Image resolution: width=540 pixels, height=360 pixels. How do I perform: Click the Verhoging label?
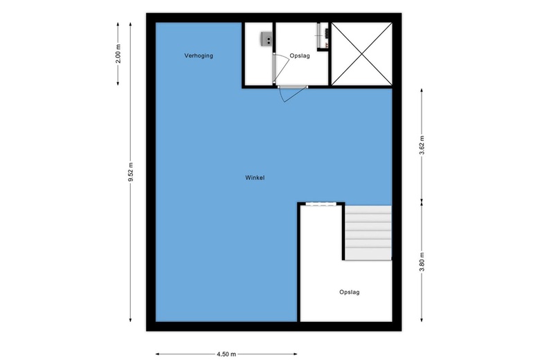(199, 56)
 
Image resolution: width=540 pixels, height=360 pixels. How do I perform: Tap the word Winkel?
(255, 178)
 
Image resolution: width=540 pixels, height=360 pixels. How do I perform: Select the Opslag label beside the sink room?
(300, 56)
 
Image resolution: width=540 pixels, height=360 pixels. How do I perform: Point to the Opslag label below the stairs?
(349, 292)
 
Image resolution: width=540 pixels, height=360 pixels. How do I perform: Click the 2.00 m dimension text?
(118, 54)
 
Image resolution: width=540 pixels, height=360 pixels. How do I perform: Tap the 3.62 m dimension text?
(422, 145)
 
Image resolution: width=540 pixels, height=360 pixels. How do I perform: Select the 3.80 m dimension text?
(422, 262)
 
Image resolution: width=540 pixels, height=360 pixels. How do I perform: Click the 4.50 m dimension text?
(226, 354)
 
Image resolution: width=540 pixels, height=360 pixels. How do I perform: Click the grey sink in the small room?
(267, 38)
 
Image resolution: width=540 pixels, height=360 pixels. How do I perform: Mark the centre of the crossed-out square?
(361, 54)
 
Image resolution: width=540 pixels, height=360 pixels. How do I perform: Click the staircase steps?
(368, 233)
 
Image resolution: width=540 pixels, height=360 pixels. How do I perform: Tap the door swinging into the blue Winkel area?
(292, 93)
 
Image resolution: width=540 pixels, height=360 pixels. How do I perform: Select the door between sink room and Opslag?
(280, 69)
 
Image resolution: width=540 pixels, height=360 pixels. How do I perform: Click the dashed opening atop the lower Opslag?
(321, 204)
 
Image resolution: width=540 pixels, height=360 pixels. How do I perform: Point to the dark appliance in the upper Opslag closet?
(326, 33)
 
